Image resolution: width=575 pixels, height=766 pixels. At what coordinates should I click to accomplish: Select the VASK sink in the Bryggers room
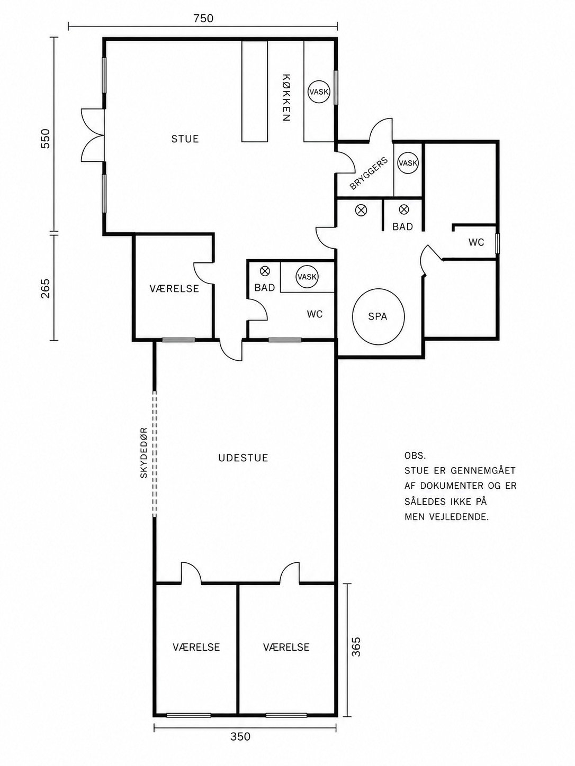tap(408, 162)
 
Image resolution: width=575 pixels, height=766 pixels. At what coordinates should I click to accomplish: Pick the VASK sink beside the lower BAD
tap(307, 277)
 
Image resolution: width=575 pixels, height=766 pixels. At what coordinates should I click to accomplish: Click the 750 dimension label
tap(203, 18)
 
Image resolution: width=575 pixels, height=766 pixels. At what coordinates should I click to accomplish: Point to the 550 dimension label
tap(46, 139)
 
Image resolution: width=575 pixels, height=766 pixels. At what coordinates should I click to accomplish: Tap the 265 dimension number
tap(46, 289)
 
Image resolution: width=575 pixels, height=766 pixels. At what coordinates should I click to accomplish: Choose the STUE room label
tap(185, 139)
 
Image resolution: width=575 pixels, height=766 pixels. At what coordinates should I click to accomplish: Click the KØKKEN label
tap(286, 97)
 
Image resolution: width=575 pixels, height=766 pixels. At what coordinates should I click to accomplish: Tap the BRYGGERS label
tap(369, 174)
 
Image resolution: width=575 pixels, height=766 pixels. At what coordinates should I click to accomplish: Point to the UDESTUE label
tap(244, 458)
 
